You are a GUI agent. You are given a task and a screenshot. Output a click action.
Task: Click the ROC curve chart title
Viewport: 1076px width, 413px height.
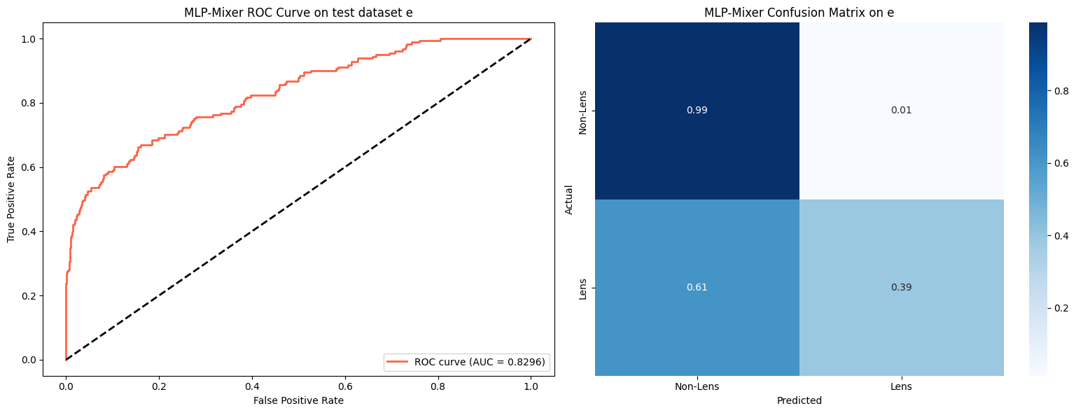[x=298, y=13]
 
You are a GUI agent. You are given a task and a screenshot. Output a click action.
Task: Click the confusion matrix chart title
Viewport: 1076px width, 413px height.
[x=799, y=13]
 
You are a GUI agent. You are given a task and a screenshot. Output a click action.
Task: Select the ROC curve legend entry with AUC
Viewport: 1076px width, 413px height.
[x=466, y=362]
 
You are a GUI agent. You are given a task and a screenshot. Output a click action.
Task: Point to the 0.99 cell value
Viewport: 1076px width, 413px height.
[x=697, y=111]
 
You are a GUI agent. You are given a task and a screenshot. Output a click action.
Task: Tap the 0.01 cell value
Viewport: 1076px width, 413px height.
[x=901, y=111]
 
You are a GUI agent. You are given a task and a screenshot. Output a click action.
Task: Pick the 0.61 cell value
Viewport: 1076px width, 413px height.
[x=697, y=288]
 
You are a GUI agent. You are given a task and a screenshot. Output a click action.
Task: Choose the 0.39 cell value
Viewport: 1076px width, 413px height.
[x=901, y=288]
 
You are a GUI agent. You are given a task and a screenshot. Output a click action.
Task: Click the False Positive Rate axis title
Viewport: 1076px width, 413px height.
[x=298, y=400]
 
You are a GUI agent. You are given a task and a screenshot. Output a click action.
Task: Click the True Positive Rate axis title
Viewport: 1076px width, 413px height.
[x=11, y=199]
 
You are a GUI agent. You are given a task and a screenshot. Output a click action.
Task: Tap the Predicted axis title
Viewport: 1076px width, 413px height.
[x=799, y=400]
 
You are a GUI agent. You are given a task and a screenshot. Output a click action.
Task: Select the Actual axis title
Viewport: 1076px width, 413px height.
[x=569, y=199]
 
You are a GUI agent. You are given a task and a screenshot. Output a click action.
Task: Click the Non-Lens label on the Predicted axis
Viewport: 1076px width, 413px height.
[x=697, y=386]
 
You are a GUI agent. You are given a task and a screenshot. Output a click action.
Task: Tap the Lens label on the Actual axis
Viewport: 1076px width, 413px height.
[x=583, y=288]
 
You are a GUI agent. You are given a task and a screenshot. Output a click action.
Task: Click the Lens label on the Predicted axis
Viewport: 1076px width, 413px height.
[x=901, y=386]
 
